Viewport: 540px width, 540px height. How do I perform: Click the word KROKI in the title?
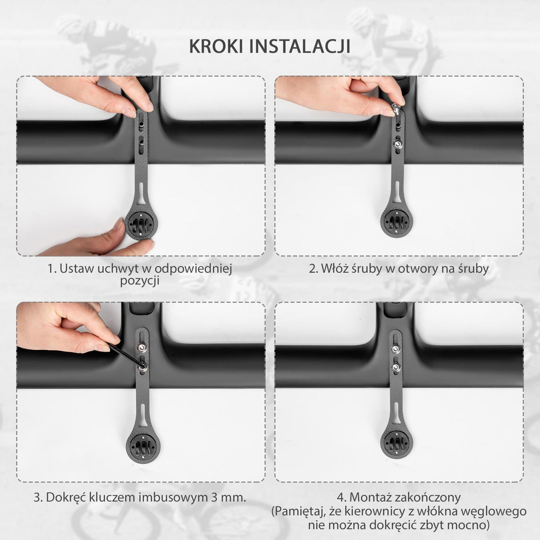(x=216, y=46)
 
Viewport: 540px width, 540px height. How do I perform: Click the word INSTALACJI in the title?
(x=299, y=46)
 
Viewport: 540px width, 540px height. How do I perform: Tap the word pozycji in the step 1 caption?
(x=140, y=281)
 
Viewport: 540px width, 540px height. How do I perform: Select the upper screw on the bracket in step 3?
(x=141, y=347)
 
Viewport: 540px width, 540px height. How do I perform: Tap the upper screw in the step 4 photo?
(x=395, y=349)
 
